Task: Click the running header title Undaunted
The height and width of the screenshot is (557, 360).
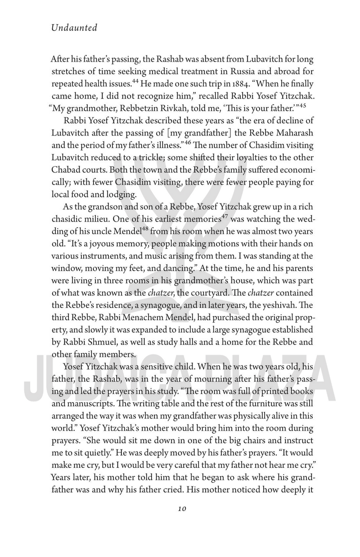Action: (x=74, y=28)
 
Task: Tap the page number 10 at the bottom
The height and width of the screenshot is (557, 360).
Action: (x=181, y=509)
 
